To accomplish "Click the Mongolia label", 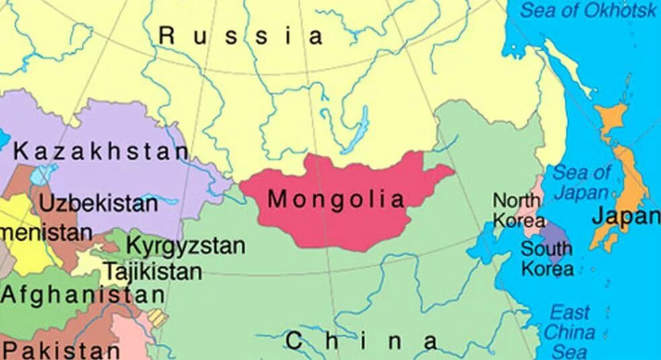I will (336, 199).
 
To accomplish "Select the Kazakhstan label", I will (101, 151).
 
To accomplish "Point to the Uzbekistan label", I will (98, 203).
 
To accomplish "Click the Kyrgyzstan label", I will (186, 246).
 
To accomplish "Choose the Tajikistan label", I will (152, 272).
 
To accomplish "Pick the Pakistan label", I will (62, 350).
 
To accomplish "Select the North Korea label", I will (517, 210).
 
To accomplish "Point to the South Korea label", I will (547, 258).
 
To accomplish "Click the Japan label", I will (625, 217).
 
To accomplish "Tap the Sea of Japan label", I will (582, 182).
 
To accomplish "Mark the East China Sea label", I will (569, 332).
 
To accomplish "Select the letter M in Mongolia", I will (277, 199).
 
